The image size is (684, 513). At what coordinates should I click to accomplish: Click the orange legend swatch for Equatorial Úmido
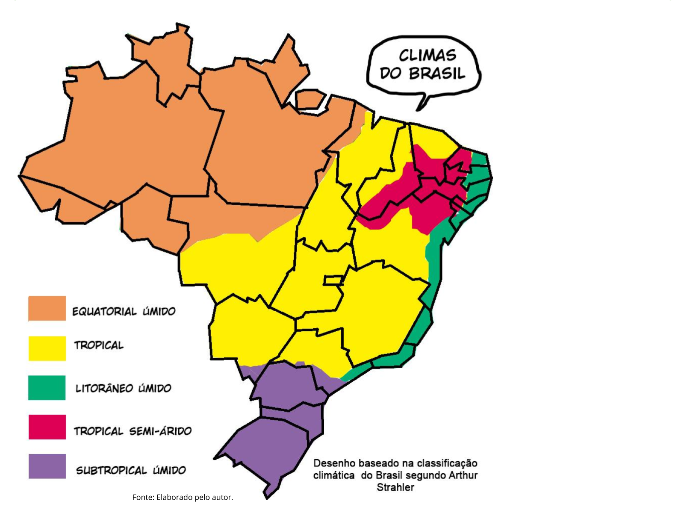point(47,308)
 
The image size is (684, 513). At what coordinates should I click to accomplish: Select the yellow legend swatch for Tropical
point(47,348)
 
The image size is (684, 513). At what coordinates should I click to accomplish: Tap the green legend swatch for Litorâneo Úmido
point(47,387)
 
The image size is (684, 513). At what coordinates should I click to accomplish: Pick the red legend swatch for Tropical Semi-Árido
point(47,427)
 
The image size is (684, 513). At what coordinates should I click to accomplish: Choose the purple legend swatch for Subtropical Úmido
point(47,466)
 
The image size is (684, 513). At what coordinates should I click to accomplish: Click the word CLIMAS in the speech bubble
point(427,56)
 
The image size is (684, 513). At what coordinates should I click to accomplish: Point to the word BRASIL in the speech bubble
point(437,74)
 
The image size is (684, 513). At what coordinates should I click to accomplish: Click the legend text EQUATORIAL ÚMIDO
point(124,311)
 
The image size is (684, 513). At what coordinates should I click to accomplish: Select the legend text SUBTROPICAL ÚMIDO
point(131,470)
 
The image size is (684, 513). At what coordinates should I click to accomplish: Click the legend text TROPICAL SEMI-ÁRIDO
point(133,431)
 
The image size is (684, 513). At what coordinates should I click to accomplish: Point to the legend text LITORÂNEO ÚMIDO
point(123,388)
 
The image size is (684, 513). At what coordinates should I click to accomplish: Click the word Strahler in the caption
point(395,487)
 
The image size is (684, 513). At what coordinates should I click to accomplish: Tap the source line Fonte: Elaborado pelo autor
point(183,497)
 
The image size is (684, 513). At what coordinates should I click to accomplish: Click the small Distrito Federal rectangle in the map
point(333,280)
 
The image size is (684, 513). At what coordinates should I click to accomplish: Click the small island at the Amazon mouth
point(308,100)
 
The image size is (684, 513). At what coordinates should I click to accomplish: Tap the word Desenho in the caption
point(334,463)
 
